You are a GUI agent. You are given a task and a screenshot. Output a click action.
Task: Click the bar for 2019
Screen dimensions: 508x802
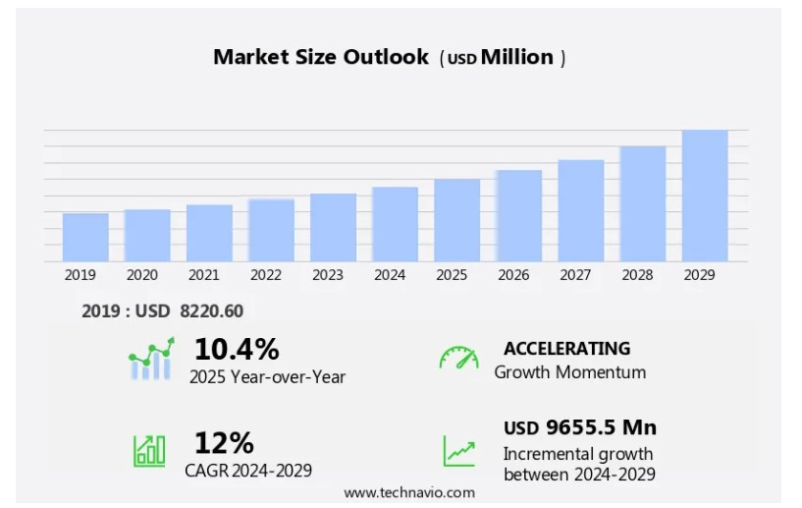click(85, 237)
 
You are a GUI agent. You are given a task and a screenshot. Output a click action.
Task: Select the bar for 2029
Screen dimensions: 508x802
click(705, 196)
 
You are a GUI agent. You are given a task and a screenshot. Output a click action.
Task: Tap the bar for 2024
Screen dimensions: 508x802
click(395, 224)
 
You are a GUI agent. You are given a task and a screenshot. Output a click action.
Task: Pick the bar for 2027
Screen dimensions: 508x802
click(581, 210)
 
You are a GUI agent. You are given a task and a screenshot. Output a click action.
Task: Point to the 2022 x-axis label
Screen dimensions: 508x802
click(266, 275)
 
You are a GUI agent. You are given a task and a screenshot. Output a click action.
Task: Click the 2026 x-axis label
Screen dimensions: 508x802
click(513, 275)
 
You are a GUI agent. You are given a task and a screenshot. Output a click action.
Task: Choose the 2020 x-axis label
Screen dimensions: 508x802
click(142, 275)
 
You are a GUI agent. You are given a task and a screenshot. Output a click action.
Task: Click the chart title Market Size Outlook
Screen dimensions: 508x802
click(321, 57)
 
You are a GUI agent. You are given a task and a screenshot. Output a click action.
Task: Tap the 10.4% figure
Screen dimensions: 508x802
click(237, 349)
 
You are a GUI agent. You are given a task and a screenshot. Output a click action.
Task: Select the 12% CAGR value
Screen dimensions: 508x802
click(224, 442)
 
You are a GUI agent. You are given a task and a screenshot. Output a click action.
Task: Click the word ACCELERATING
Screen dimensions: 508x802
click(566, 348)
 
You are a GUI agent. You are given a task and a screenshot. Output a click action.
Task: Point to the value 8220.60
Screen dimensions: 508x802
click(212, 310)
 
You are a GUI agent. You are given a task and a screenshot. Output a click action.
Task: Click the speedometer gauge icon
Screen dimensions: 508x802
click(458, 359)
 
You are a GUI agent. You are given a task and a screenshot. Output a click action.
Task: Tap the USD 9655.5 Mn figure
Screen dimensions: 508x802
click(580, 427)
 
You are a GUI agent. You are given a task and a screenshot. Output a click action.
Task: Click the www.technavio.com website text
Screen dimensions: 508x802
click(409, 492)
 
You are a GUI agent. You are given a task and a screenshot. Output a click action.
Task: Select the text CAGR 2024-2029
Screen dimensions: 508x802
click(248, 471)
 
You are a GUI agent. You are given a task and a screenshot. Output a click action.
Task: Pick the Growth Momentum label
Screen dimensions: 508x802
click(570, 372)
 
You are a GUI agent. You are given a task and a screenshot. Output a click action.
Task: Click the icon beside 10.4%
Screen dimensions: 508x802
click(151, 360)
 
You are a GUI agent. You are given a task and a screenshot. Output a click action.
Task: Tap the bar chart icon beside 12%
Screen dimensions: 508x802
click(149, 450)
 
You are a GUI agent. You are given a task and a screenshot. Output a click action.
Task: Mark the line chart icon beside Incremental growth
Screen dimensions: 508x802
click(458, 451)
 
